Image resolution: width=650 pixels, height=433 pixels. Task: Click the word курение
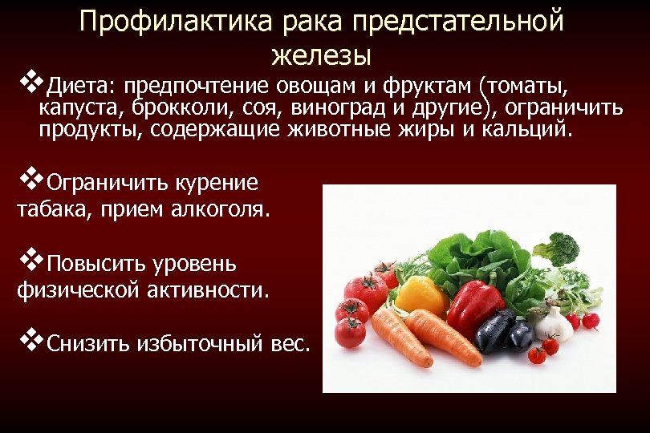pos(217,183)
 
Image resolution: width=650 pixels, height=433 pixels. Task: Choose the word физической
pos(77,289)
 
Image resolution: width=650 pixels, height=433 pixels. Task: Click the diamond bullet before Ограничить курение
pos(30,180)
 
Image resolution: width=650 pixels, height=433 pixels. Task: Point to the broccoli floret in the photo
pos(555,247)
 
